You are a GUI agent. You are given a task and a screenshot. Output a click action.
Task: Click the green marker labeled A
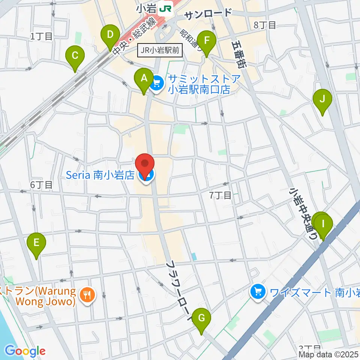tap(144, 79)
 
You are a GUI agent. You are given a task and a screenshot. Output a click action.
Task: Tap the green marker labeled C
tap(75, 56)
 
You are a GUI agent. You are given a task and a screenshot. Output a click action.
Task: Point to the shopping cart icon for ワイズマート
tap(258, 291)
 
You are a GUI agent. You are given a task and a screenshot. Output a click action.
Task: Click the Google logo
tap(25, 351)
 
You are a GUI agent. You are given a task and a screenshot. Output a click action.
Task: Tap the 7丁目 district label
tap(220, 195)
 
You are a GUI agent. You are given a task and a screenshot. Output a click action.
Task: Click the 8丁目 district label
tap(265, 25)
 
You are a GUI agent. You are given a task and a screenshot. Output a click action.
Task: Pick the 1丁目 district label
tap(41, 36)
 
